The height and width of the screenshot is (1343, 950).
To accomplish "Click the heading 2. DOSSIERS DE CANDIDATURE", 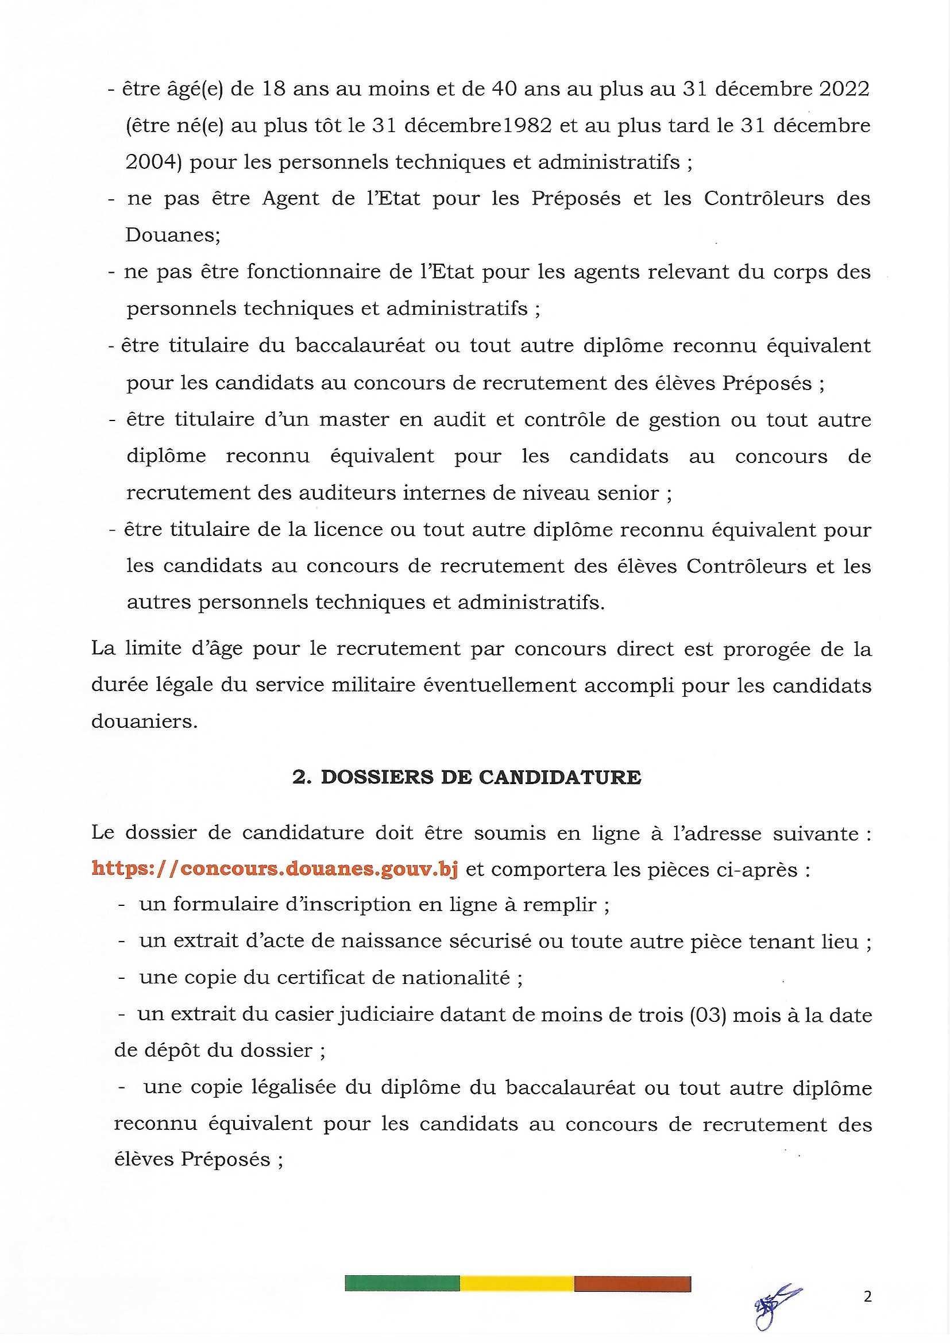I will (x=467, y=777).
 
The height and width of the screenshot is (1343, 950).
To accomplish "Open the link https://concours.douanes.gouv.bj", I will (x=275, y=869).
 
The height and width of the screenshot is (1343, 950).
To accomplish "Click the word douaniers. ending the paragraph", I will (x=145, y=722).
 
